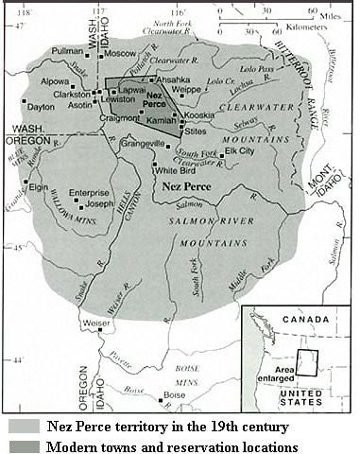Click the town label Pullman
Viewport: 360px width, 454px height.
(67, 50)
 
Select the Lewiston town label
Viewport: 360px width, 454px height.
(119, 98)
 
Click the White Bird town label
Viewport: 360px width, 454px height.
(176, 170)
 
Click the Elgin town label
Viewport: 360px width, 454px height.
(38, 187)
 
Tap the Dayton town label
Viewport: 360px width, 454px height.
(41, 107)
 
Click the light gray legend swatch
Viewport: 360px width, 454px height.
(20, 427)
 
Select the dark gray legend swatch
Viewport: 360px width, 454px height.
(20, 445)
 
